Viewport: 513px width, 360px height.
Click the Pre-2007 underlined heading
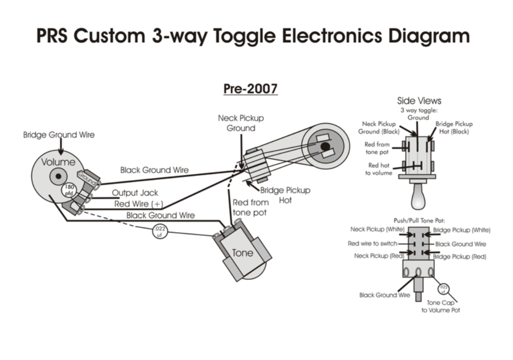coord(250,88)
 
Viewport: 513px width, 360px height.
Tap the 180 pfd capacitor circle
coord(70,189)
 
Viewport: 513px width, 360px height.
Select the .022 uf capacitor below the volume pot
coord(160,231)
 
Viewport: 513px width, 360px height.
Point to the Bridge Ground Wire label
coord(59,135)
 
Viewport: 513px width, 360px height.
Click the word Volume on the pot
coord(58,162)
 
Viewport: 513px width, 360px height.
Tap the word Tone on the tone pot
coord(243,253)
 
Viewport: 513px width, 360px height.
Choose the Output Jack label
coord(135,193)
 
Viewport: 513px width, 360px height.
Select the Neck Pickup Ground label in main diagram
coord(240,123)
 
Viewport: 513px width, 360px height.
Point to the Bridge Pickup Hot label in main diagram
coord(285,195)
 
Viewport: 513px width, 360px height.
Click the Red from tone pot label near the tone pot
coord(250,208)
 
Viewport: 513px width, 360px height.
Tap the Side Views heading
coord(419,100)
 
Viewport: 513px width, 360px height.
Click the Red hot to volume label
coord(379,169)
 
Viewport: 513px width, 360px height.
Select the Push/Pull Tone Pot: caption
coord(419,220)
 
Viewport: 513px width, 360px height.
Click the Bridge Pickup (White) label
coord(461,230)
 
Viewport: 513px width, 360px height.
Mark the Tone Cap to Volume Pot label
coord(441,306)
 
